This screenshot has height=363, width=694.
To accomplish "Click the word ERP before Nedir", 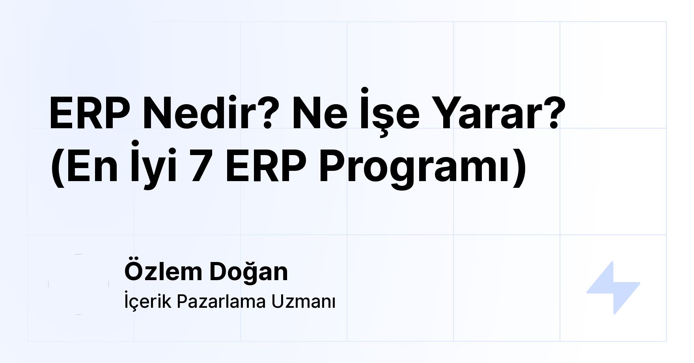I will tap(90, 114).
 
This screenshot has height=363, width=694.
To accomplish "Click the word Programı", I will tap(414, 167).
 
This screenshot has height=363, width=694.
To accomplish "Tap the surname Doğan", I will tap(248, 272).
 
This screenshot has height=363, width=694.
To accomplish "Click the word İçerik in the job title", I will tap(148, 301).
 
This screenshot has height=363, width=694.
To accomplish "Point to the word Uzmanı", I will tap(303, 301).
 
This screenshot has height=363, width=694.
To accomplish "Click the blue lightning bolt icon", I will tap(613, 288).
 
